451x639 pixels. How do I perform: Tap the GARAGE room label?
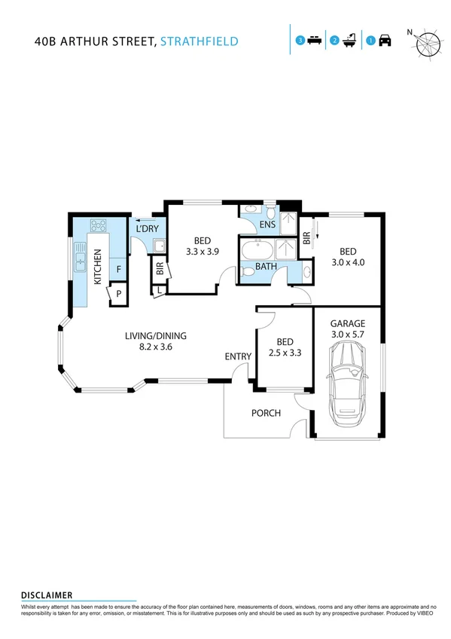pyautogui.click(x=347, y=323)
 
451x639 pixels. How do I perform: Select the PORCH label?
pyautogui.click(x=266, y=413)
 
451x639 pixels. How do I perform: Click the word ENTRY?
pyautogui.click(x=238, y=356)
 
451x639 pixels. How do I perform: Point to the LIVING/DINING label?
pyautogui.click(x=156, y=336)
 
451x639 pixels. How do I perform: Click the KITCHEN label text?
pyautogui.click(x=97, y=267)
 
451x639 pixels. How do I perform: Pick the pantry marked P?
pyautogui.click(x=118, y=293)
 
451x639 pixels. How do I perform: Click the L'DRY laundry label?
pyautogui.click(x=147, y=228)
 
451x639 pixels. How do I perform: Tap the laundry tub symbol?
pyautogui.click(x=159, y=246)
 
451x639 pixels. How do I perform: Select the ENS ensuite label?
pyautogui.click(x=267, y=224)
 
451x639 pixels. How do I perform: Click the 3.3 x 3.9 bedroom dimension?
pyautogui.click(x=202, y=253)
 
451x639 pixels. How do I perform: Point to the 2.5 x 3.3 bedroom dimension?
pyautogui.click(x=284, y=351)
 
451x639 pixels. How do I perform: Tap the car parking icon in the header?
pyautogui.click(x=385, y=40)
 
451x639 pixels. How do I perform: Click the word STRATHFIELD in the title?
pyautogui.click(x=200, y=41)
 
